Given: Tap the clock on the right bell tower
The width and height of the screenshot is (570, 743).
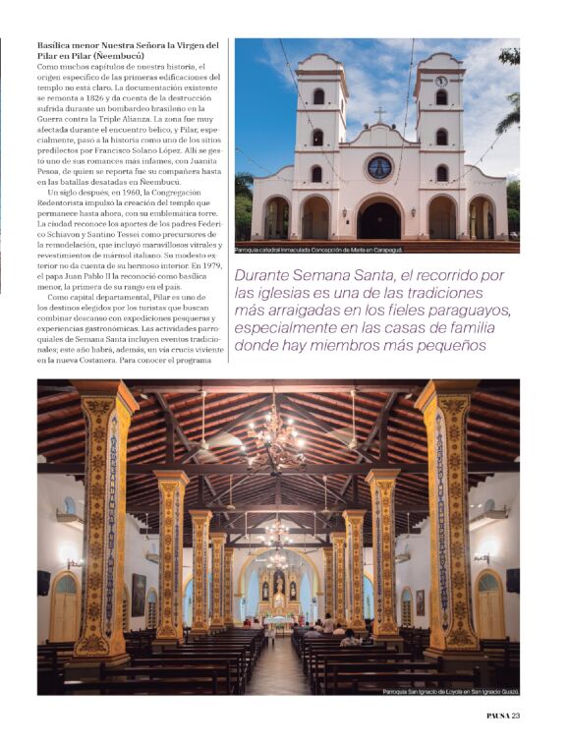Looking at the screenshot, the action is (441, 81).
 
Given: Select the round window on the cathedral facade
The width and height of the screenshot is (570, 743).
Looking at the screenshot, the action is (379, 166).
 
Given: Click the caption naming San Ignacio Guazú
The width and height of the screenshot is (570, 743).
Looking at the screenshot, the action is (450, 692).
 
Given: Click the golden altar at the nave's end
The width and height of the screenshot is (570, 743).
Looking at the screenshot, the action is (278, 597).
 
